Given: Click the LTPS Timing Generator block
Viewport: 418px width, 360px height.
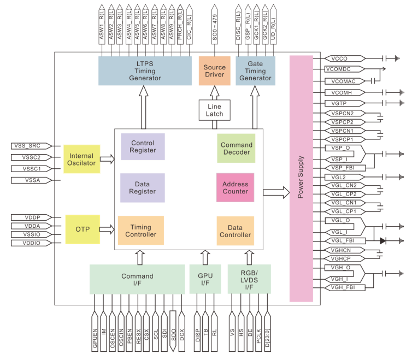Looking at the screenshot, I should [x=141, y=70].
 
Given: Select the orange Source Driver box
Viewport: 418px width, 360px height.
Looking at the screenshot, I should [x=214, y=70].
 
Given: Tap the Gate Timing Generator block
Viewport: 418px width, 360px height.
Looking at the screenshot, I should [x=255, y=70].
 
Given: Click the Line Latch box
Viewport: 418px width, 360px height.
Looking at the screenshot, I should [x=214, y=110].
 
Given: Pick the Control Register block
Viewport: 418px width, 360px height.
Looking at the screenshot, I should [x=143, y=146].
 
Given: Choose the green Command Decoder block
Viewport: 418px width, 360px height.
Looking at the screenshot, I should [x=237, y=149].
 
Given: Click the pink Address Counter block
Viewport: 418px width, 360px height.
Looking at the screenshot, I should [x=236, y=188].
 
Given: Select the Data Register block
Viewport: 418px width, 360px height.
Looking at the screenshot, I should [x=143, y=188].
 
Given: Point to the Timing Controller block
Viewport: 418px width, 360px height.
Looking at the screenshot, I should [x=140, y=231].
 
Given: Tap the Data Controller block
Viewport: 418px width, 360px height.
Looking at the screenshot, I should [x=236, y=231].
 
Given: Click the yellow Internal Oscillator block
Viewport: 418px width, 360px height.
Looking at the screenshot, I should [x=81, y=159].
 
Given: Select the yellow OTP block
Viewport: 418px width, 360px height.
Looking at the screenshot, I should [x=81, y=229].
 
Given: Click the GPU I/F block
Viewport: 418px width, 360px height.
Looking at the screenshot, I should [x=205, y=279].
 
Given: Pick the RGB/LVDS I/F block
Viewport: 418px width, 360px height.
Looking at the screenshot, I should [x=249, y=279].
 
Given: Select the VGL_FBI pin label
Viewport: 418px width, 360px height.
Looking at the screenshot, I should [x=344, y=240].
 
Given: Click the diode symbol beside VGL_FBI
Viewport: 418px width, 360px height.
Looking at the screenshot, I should [x=382, y=240].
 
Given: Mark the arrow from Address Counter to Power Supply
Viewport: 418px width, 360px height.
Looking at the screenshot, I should [x=276, y=191].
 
